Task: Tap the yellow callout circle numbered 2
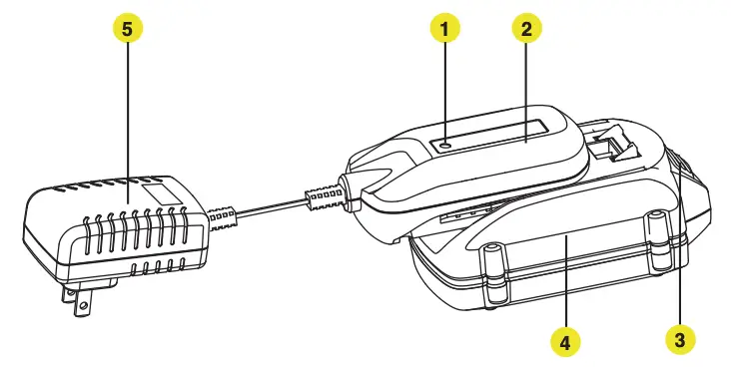(525, 29)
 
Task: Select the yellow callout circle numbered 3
(680, 339)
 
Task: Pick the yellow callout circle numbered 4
(564, 342)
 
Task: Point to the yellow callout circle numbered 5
(126, 29)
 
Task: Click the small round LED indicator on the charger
(445, 145)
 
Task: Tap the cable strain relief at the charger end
(321, 197)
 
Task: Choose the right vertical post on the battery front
(654, 240)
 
